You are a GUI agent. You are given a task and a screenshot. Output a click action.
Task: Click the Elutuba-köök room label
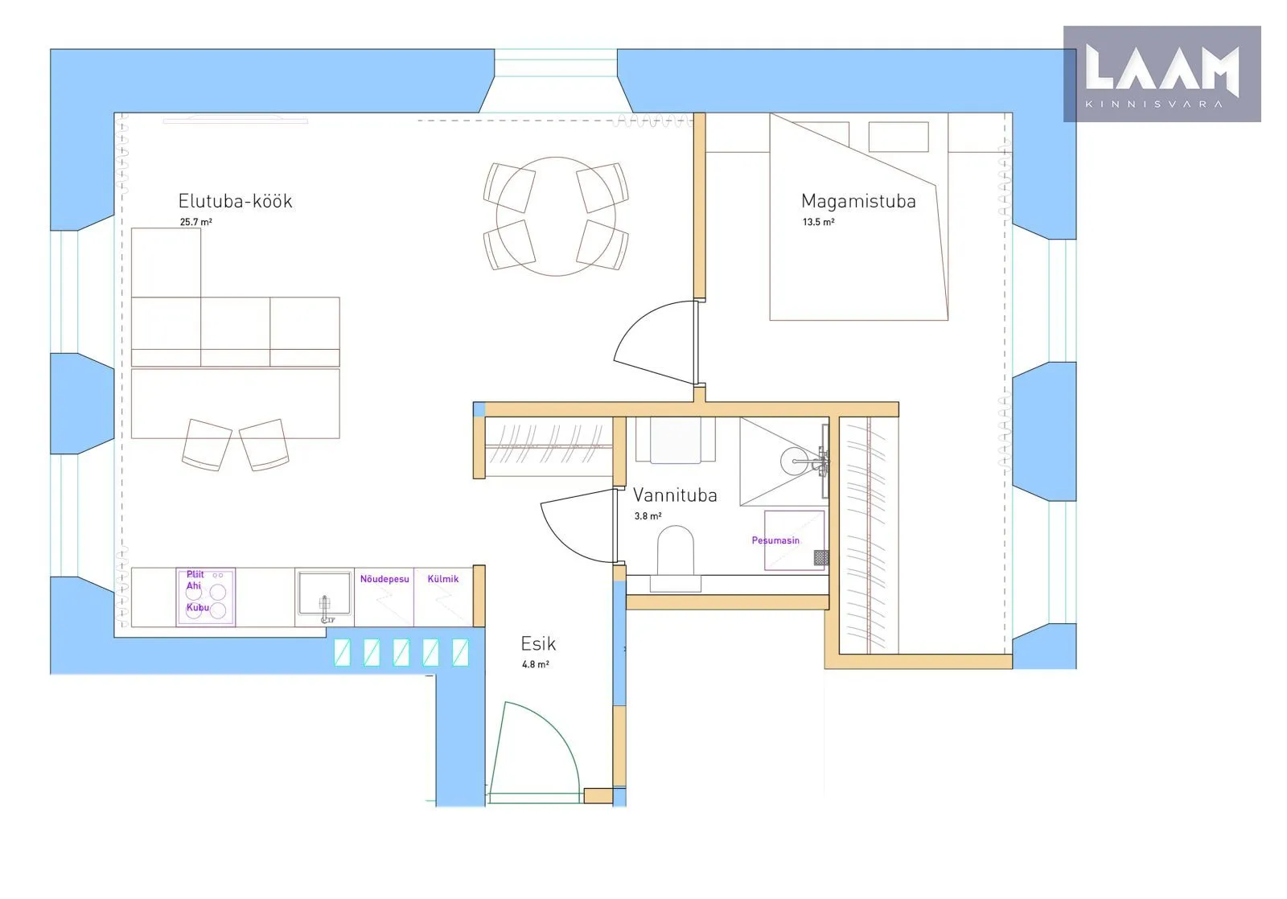(235, 201)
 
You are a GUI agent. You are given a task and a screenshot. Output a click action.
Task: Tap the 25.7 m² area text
(196, 222)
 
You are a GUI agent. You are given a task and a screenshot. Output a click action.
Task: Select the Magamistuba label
(858, 201)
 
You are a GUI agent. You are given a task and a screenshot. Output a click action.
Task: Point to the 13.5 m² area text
(819, 222)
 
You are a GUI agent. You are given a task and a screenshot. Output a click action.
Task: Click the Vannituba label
(675, 495)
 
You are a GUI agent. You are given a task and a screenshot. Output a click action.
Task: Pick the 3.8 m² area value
(648, 516)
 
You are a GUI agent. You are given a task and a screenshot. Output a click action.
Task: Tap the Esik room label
(538, 643)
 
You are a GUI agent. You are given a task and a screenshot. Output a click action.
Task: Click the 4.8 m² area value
(536, 664)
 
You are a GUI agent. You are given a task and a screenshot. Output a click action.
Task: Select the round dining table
(556, 216)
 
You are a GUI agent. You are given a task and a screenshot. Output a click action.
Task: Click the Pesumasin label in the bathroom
(775, 540)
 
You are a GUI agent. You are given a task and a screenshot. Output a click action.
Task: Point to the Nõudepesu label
(384, 578)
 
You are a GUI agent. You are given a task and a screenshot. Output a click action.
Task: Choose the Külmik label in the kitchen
(443, 578)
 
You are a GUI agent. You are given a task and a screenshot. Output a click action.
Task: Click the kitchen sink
(325, 594)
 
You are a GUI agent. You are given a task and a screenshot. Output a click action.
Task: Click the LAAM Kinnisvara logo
(1162, 73)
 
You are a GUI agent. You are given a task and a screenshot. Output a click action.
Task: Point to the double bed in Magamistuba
(859, 216)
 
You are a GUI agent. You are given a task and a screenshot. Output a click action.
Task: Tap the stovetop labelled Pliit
(206, 597)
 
